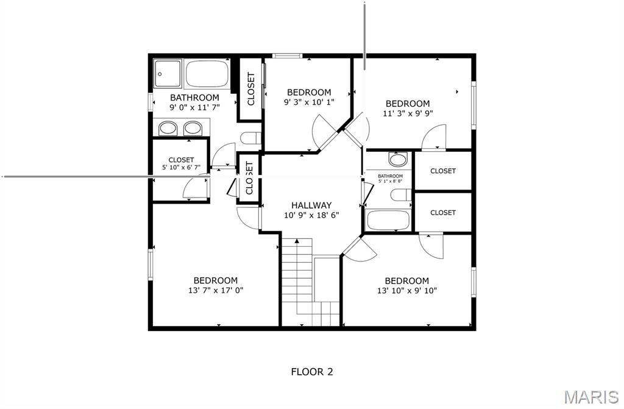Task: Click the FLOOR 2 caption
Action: point(311,371)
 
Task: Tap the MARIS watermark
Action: point(590,397)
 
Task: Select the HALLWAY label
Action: point(311,205)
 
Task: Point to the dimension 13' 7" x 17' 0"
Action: point(216,291)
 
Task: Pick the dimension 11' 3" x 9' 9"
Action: point(407,113)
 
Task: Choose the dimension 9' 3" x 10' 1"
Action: point(309,102)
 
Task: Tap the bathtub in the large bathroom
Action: point(207,74)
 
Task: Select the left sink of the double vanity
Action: point(168,128)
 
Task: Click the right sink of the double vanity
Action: point(193,128)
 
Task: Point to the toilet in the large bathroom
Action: point(250,138)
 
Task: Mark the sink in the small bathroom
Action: point(397,160)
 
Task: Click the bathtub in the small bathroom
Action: point(388,219)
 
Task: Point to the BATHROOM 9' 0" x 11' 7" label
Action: point(194,102)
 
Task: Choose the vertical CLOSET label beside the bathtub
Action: point(250,88)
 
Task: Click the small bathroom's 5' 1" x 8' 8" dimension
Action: point(390,181)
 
